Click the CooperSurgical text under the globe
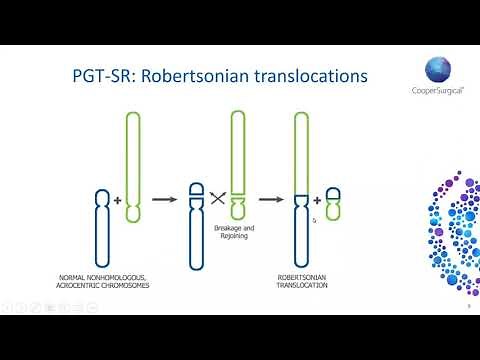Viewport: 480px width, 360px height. coord(438,96)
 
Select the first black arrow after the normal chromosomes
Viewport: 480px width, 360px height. coord(164,200)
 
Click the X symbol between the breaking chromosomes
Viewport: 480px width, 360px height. coord(218,199)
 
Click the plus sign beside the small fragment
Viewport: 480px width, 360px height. coord(317,200)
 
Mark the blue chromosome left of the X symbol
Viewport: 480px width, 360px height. coord(197,215)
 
